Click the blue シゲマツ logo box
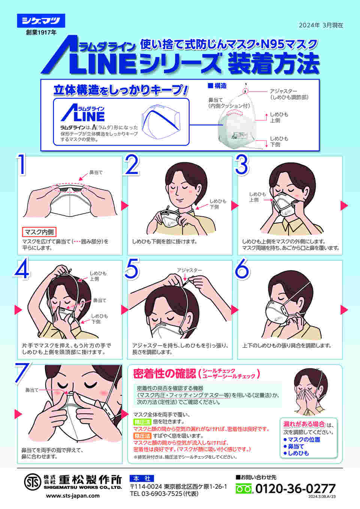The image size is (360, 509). [x=41, y=21]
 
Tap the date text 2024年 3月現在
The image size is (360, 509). [x=321, y=25]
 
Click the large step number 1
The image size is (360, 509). [x=22, y=165]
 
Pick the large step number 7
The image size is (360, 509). [x=22, y=372]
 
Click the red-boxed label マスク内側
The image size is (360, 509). [x=39, y=232]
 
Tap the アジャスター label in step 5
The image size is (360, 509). [x=189, y=270]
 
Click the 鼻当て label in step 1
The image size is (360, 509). [x=96, y=172]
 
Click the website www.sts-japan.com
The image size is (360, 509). [x=73, y=496]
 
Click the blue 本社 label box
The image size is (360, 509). [x=142, y=478]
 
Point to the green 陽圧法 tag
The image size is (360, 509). [x=142, y=422]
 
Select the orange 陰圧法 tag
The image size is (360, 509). [x=142, y=436]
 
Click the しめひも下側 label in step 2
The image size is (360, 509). [x=218, y=204]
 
